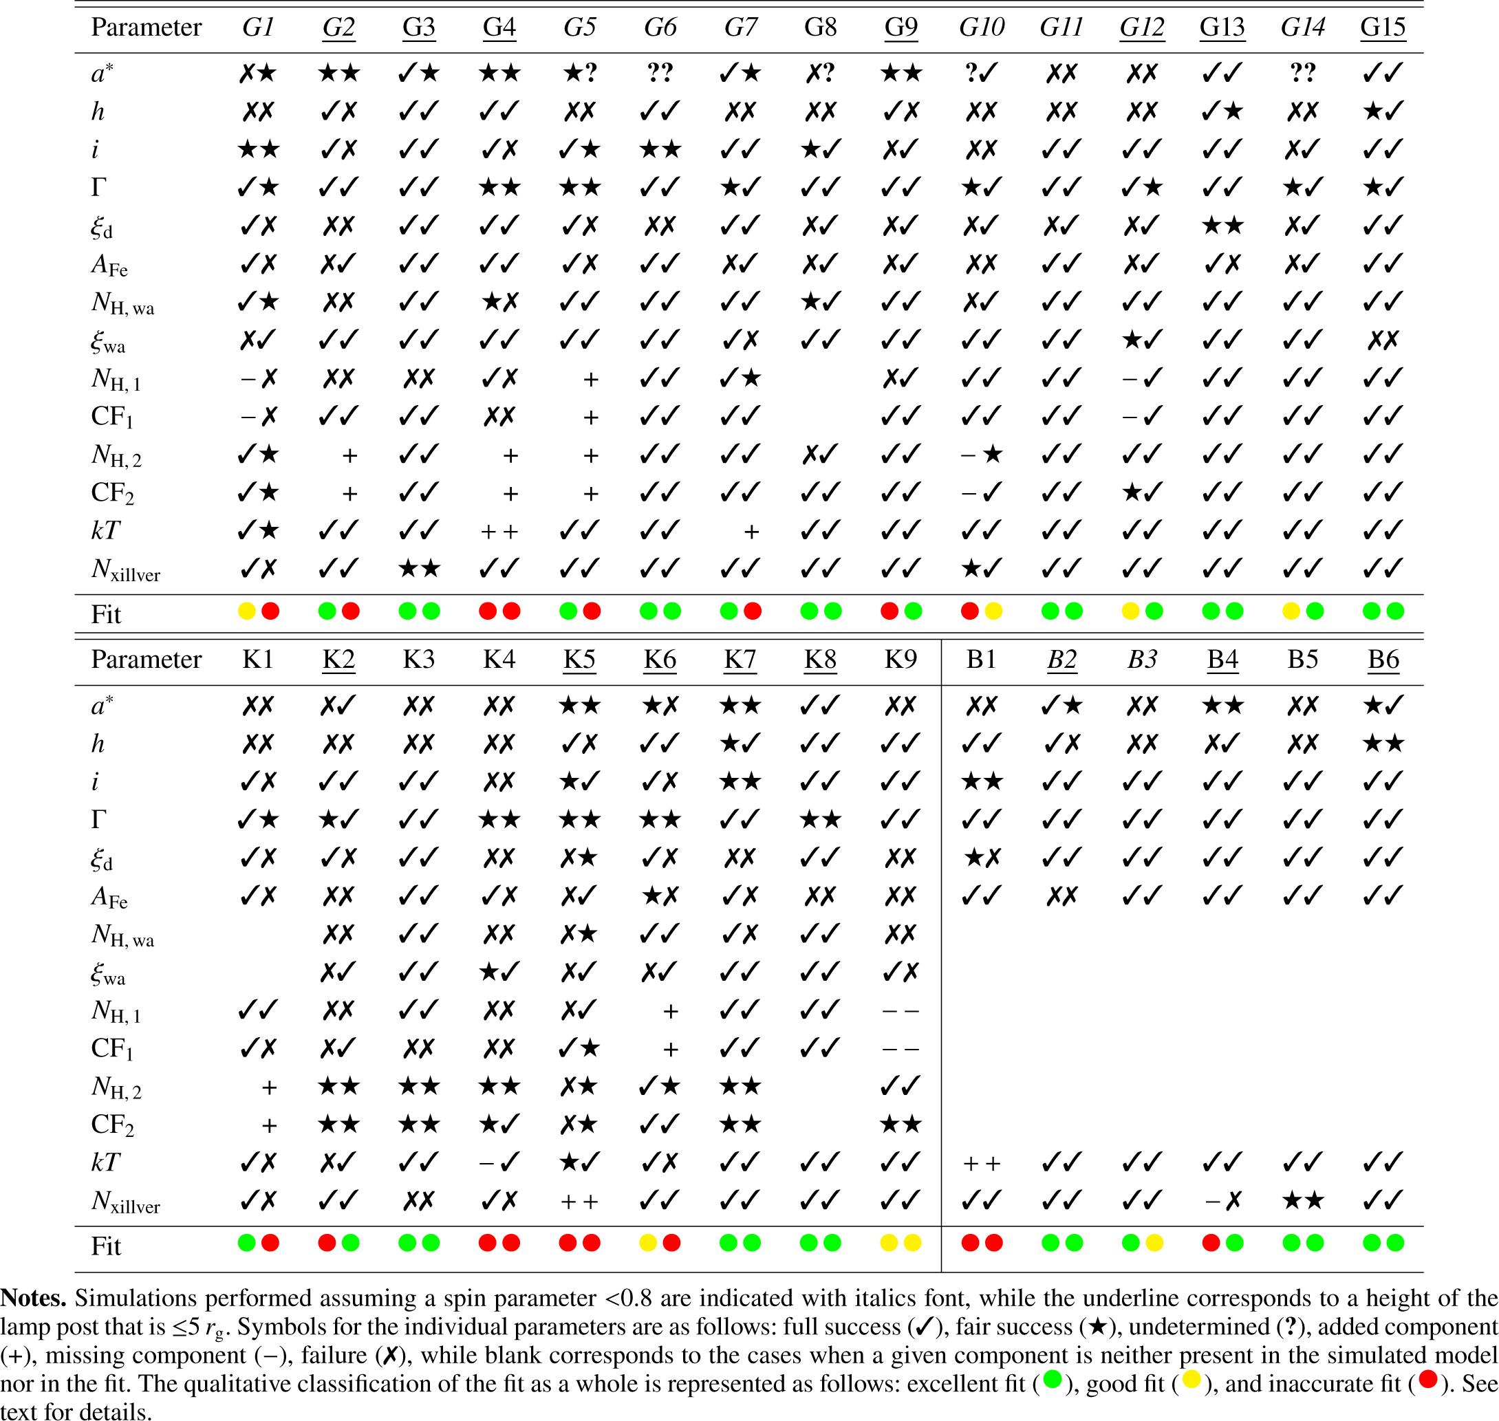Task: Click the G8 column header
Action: (x=820, y=28)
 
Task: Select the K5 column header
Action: (x=579, y=660)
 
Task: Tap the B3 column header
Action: (x=1141, y=660)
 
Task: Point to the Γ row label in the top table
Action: (x=98, y=187)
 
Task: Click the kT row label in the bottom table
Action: (x=105, y=1162)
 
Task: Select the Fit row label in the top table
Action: (x=106, y=614)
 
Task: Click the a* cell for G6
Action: (x=660, y=73)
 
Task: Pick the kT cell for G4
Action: (x=499, y=532)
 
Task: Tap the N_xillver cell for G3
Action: (x=419, y=569)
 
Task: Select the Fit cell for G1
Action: (x=258, y=611)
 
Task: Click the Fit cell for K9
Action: (x=901, y=1243)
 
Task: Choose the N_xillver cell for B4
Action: (x=1222, y=1201)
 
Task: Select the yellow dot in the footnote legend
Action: (x=1191, y=1380)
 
